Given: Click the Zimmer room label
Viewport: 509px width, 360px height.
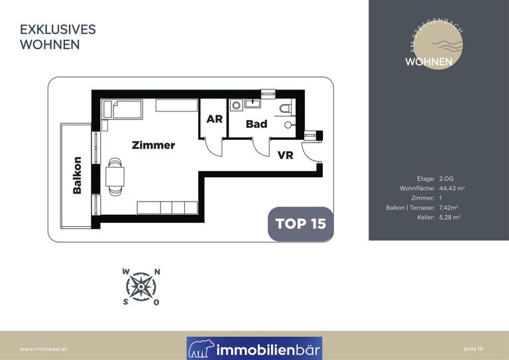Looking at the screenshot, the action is click(x=154, y=145).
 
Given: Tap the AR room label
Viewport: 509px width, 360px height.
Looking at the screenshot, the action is click(x=215, y=119).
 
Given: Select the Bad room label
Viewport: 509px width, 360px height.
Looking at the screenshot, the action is click(x=256, y=124).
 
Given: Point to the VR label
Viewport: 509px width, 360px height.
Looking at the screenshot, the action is click(x=286, y=155).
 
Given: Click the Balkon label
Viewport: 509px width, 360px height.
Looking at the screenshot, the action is click(x=78, y=175).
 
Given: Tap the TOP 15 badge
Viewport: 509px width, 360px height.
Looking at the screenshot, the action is click(x=301, y=224).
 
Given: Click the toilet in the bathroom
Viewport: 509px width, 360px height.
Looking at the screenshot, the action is click(x=286, y=108).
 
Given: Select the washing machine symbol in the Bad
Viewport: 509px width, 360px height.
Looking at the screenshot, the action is click(x=236, y=105).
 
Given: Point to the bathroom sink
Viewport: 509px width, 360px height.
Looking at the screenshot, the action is click(x=253, y=103).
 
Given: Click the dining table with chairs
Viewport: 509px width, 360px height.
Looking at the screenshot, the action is click(x=115, y=177).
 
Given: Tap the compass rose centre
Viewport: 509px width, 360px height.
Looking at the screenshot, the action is click(x=141, y=287).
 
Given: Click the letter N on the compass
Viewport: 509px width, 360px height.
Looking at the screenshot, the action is click(x=157, y=272).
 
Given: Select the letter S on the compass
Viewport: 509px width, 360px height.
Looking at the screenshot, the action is click(x=125, y=302).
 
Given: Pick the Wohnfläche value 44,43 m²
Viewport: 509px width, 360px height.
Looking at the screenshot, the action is click(x=452, y=188).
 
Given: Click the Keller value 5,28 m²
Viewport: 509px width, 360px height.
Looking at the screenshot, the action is click(x=449, y=217).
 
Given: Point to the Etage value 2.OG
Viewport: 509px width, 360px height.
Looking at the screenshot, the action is click(x=446, y=178).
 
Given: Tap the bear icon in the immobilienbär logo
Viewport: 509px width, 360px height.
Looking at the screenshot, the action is click(x=201, y=349).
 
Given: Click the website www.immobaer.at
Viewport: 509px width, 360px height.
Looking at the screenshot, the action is click(x=43, y=349).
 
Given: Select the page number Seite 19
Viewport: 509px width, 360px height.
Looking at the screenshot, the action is click(x=473, y=349).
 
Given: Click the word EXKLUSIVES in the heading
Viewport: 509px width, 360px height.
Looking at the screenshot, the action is click(x=58, y=30).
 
